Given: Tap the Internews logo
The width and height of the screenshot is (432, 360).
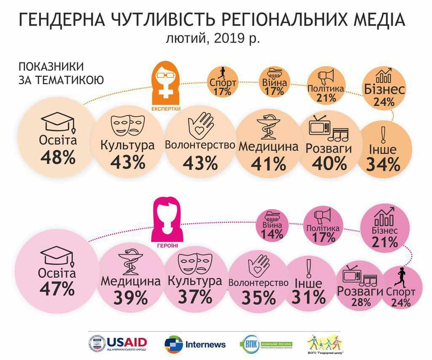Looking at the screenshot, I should pos(195,344).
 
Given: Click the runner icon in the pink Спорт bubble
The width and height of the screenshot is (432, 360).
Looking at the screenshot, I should pos(401,276).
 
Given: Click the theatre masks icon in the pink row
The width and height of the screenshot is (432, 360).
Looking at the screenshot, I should pos(194,263).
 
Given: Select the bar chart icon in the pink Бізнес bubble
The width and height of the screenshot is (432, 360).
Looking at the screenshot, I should pos(385,217).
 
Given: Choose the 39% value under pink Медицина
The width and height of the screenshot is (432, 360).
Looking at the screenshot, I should pos(130,298).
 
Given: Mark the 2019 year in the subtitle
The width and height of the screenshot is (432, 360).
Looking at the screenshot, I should pos(227,38).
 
